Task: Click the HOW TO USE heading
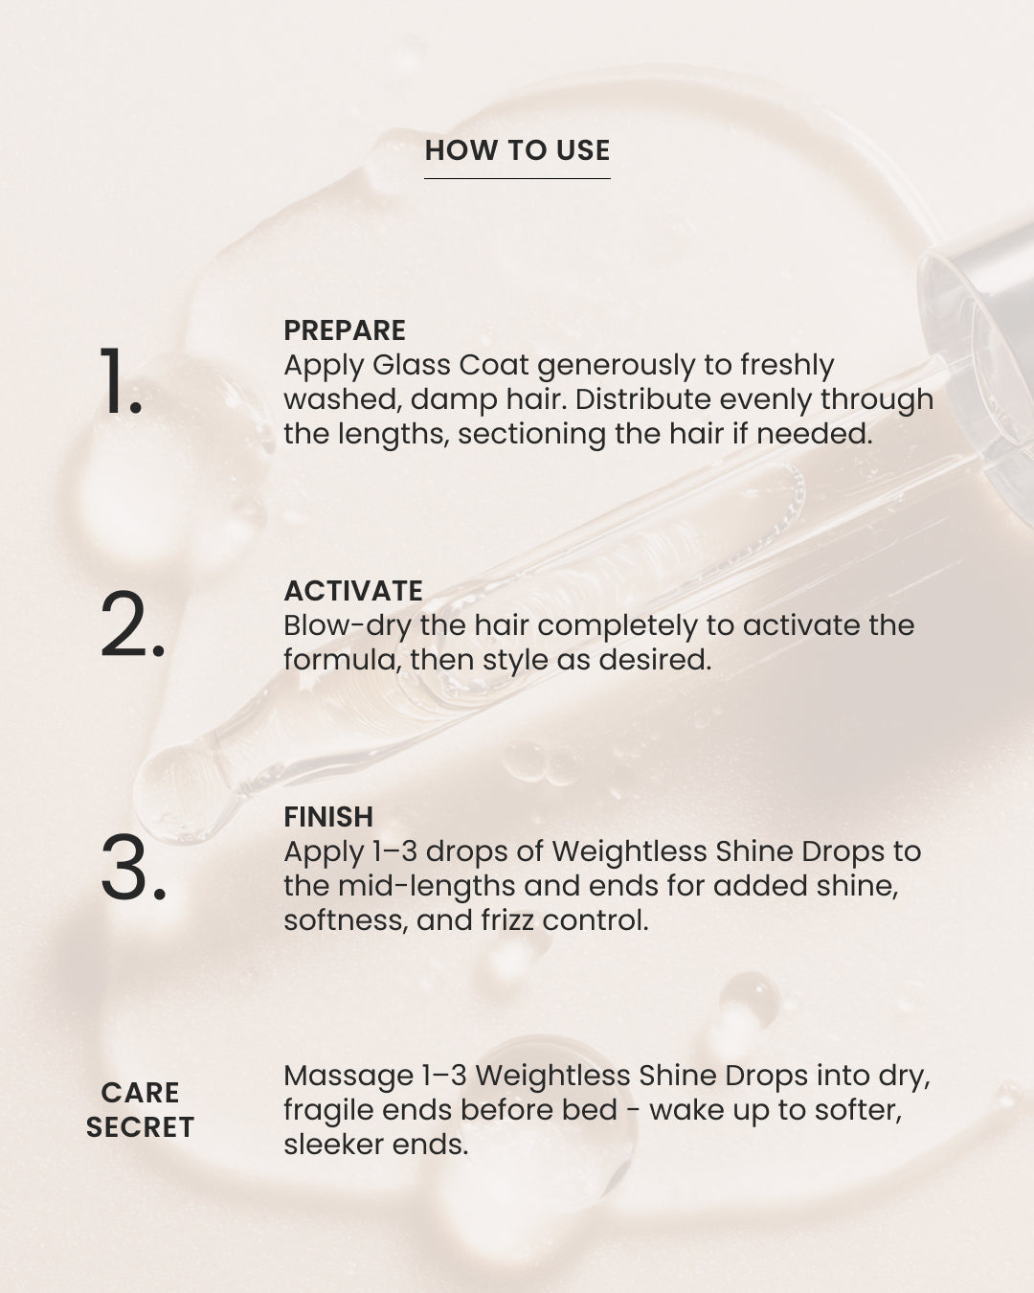(517, 150)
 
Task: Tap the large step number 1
(121, 380)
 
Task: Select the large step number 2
(132, 624)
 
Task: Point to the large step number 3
(133, 867)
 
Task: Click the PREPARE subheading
(345, 330)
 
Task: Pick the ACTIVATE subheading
(352, 591)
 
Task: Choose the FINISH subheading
(328, 817)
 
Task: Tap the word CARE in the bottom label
(140, 1092)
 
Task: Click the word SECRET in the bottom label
(140, 1127)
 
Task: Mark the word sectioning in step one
(531, 436)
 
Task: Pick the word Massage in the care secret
(348, 1077)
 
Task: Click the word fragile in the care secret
(328, 1112)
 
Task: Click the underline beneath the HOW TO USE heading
(517, 178)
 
